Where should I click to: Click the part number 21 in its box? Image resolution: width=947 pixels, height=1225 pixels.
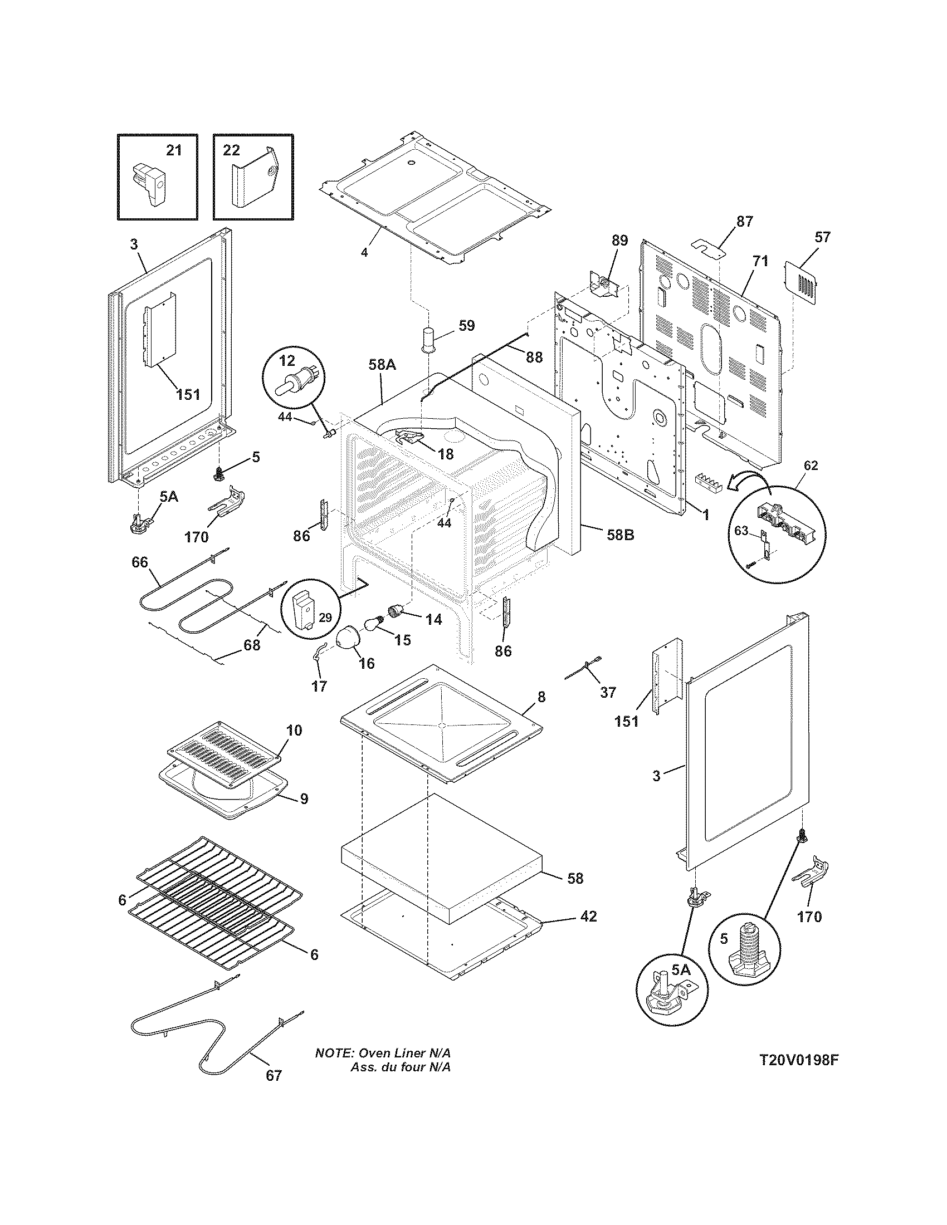click(174, 150)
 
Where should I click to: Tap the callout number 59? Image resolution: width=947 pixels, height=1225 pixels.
click(466, 325)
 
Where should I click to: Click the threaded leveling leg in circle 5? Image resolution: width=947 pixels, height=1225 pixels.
click(744, 952)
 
